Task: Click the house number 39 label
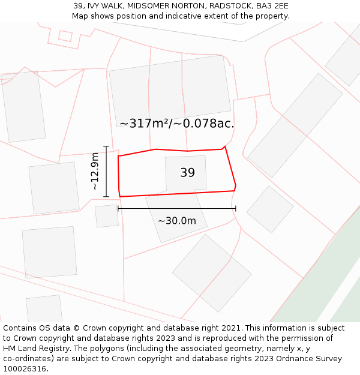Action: [187, 173]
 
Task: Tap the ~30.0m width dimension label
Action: [177, 221]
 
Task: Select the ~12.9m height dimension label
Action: [95, 172]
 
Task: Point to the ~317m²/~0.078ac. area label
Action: [176, 124]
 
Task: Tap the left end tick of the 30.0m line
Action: [118, 208]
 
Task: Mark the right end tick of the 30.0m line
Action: [236, 208]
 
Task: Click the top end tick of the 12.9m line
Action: [106, 146]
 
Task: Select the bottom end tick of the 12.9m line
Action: [106, 197]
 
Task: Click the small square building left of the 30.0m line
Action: [107, 216]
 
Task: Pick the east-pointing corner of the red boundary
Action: [236, 185]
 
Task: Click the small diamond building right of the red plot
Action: [270, 209]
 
